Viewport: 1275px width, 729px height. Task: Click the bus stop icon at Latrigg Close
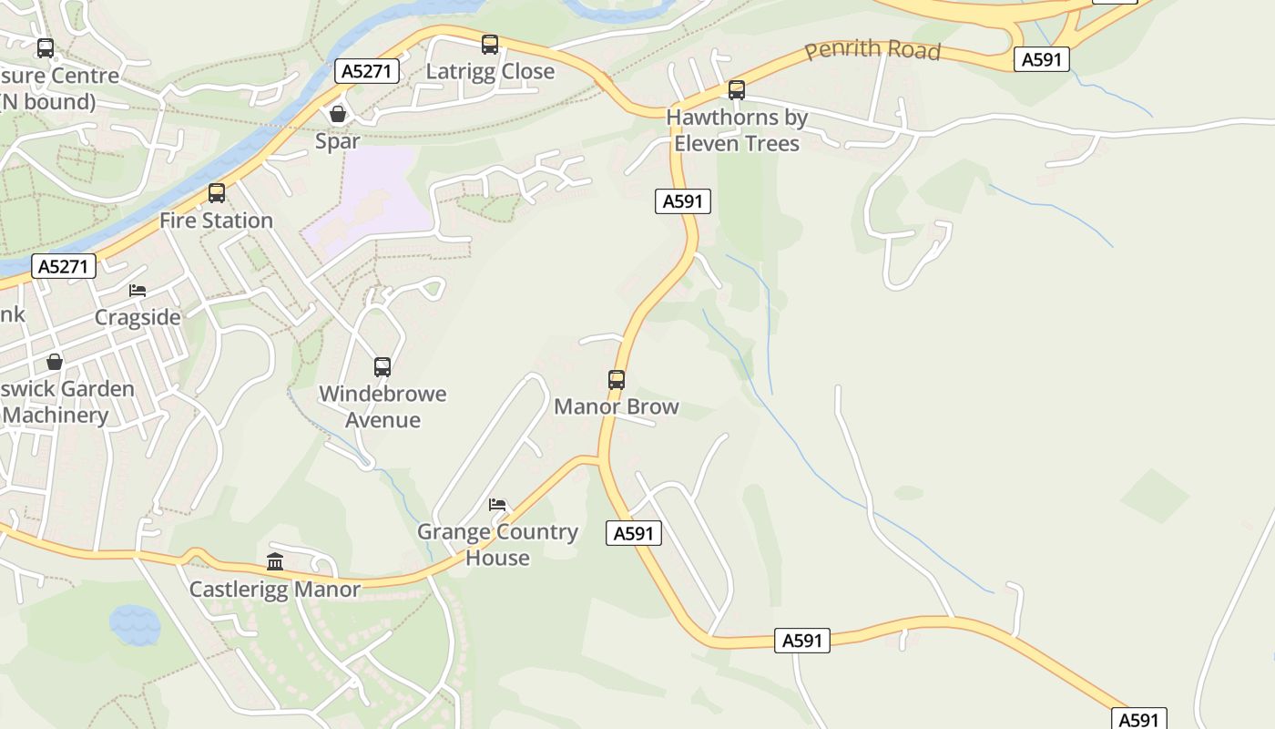point(490,44)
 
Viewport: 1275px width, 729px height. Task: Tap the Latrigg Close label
point(490,71)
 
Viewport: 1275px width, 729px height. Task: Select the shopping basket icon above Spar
point(338,114)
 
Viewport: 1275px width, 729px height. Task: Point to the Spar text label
point(338,140)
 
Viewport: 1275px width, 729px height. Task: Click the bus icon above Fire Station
point(217,193)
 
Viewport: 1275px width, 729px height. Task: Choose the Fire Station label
point(217,221)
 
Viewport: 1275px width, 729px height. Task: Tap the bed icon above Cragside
point(138,291)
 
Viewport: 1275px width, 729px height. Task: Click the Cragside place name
point(138,317)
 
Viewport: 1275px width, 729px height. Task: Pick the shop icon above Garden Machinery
point(55,362)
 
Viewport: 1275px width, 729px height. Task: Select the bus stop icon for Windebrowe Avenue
point(382,367)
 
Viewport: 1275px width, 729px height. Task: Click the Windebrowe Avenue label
point(382,406)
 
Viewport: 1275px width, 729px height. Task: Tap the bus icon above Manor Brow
point(617,380)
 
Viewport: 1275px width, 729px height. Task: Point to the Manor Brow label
point(617,406)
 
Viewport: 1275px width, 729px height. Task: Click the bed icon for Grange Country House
point(497,505)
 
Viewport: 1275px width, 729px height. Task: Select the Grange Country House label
point(497,544)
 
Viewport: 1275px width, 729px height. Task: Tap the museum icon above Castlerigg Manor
point(275,561)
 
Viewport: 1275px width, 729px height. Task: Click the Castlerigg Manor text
point(275,590)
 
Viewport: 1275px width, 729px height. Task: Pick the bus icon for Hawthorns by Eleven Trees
point(737,90)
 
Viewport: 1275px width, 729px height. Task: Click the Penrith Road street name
point(872,50)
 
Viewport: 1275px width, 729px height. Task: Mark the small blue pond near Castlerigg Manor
point(135,625)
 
